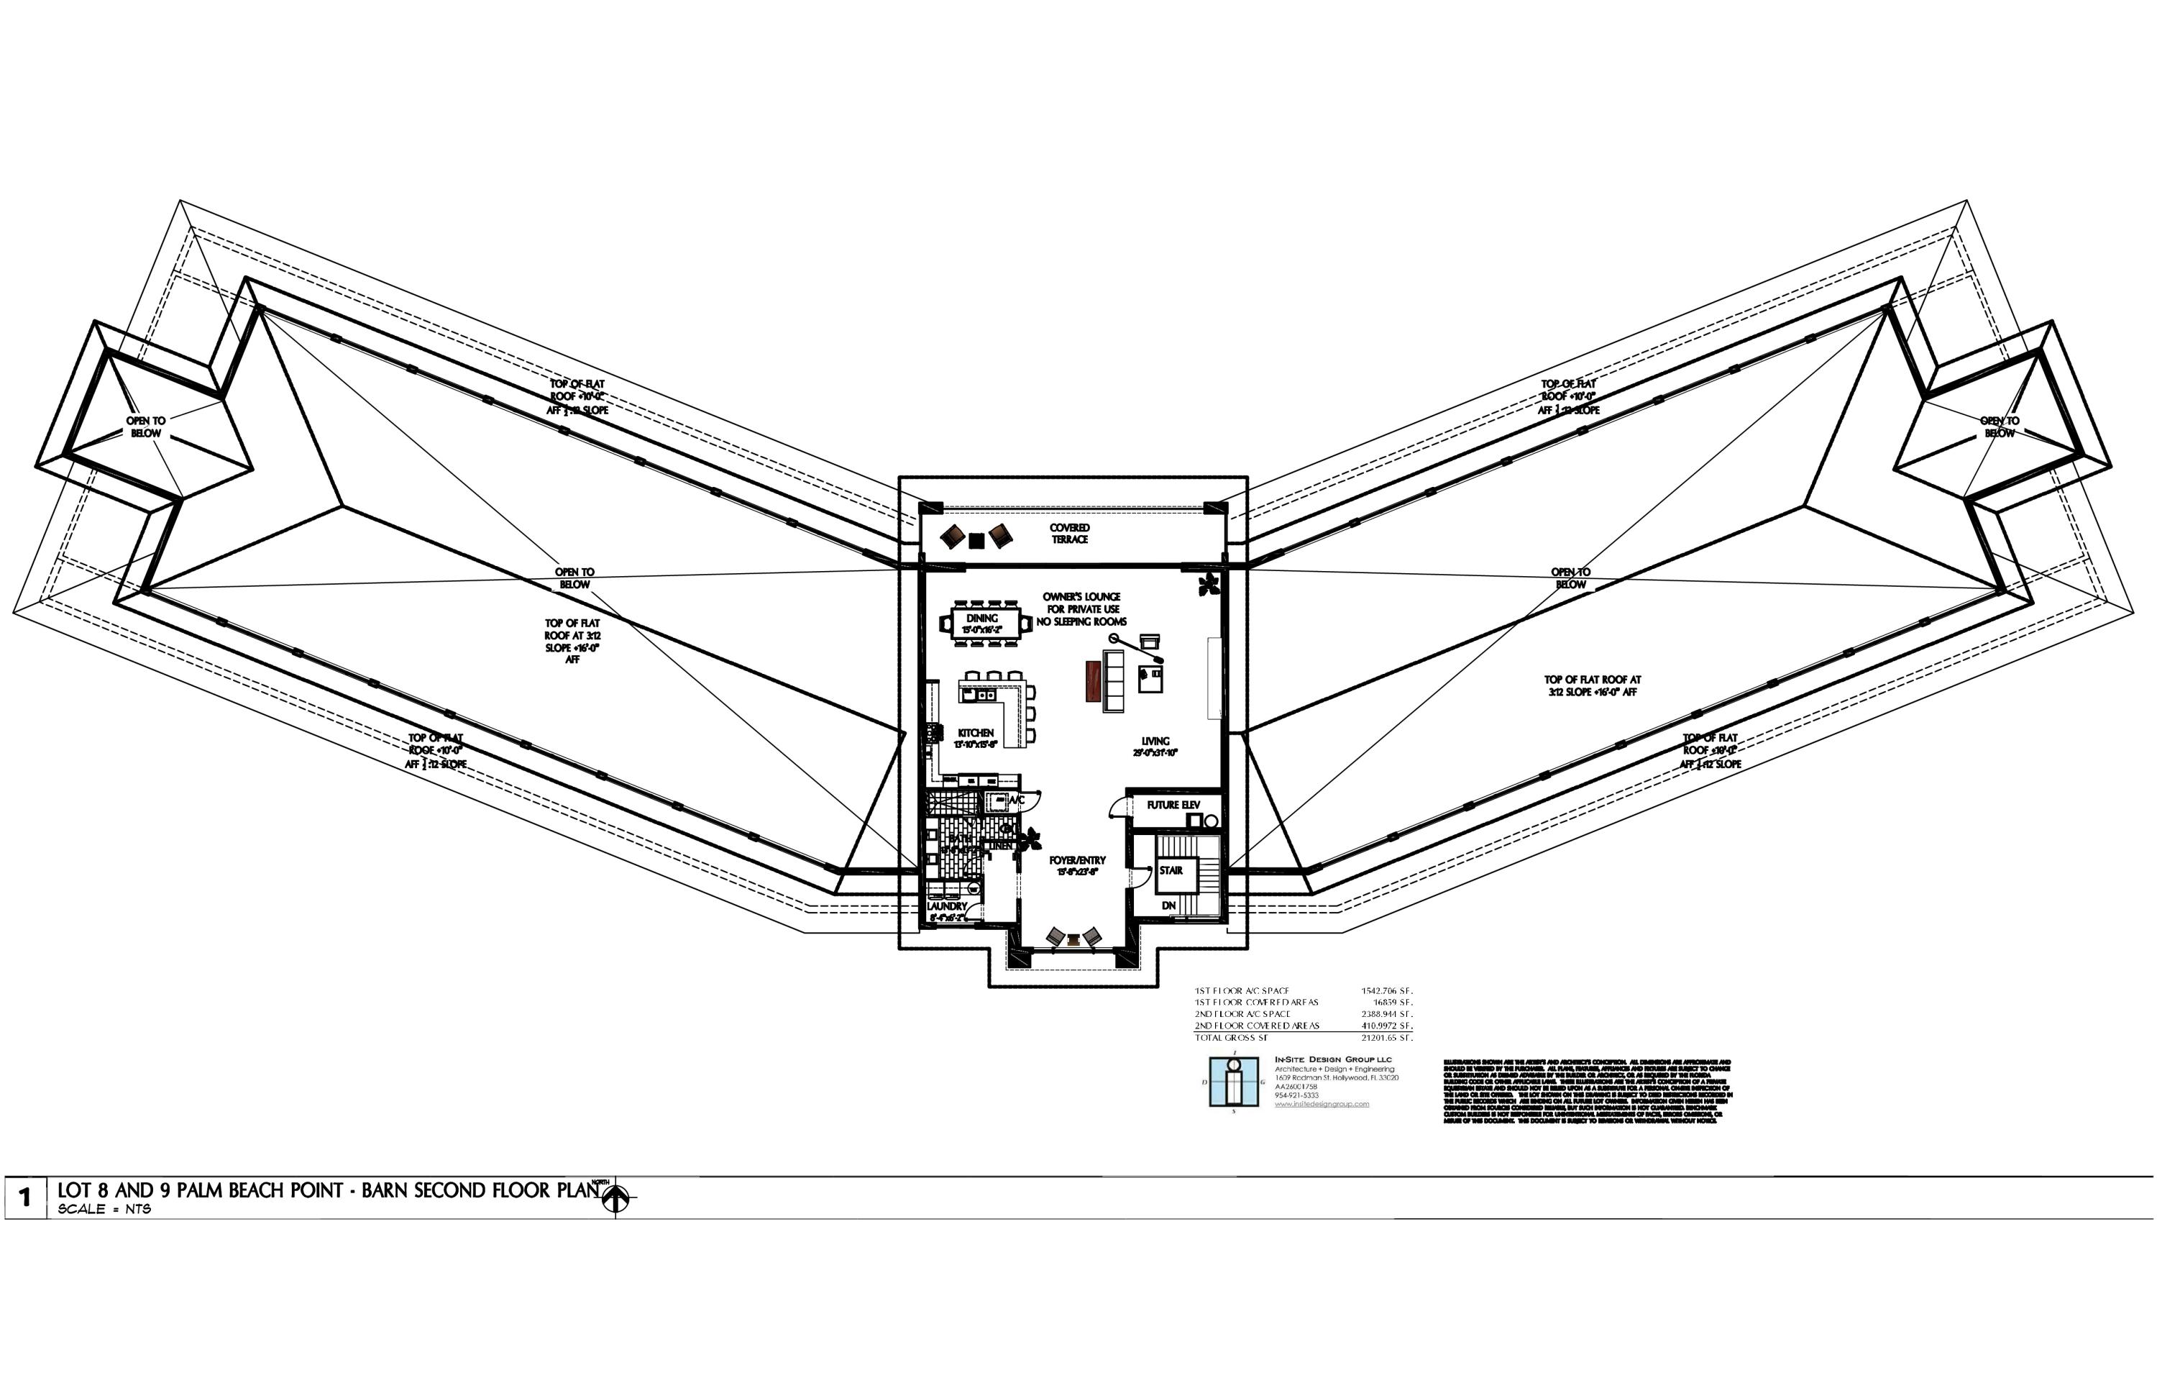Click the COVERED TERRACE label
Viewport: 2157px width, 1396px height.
(x=1069, y=534)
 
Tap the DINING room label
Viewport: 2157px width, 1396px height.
(x=981, y=619)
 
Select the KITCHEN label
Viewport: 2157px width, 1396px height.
(x=976, y=732)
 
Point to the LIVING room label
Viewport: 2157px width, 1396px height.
(x=1155, y=742)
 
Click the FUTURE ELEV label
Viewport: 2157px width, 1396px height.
(x=1173, y=805)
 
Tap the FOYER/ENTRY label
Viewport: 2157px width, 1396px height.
(x=1078, y=860)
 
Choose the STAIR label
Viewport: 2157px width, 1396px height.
(x=1171, y=870)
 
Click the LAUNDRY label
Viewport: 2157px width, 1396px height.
(x=946, y=906)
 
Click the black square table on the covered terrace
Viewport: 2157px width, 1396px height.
(x=976, y=541)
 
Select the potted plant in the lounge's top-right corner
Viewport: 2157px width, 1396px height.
(x=1208, y=583)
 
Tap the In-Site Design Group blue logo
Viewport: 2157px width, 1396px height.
(x=1234, y=1082)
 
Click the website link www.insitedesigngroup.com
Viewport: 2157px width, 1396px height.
(x=1322, y=1104)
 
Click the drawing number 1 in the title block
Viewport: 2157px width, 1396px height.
(x=24, y=1197)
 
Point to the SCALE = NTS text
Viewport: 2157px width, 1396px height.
(x=104, y=1209)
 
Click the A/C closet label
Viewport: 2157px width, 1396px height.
(x=1016, y=800)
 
